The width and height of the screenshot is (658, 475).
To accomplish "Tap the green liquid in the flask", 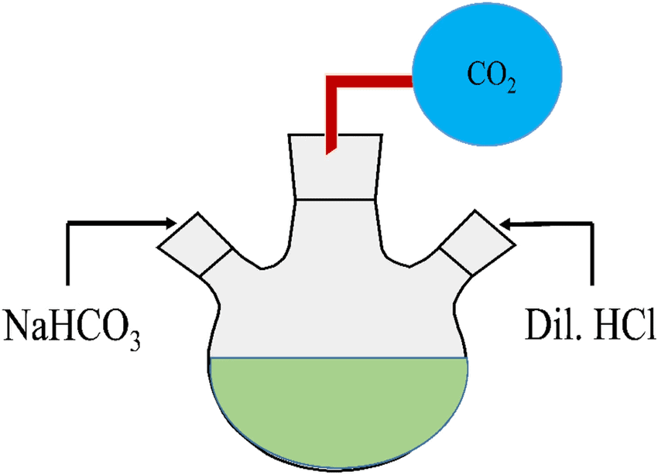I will click(x=338, y=410).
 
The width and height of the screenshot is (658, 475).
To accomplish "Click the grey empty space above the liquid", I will click(x=338, y=309).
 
